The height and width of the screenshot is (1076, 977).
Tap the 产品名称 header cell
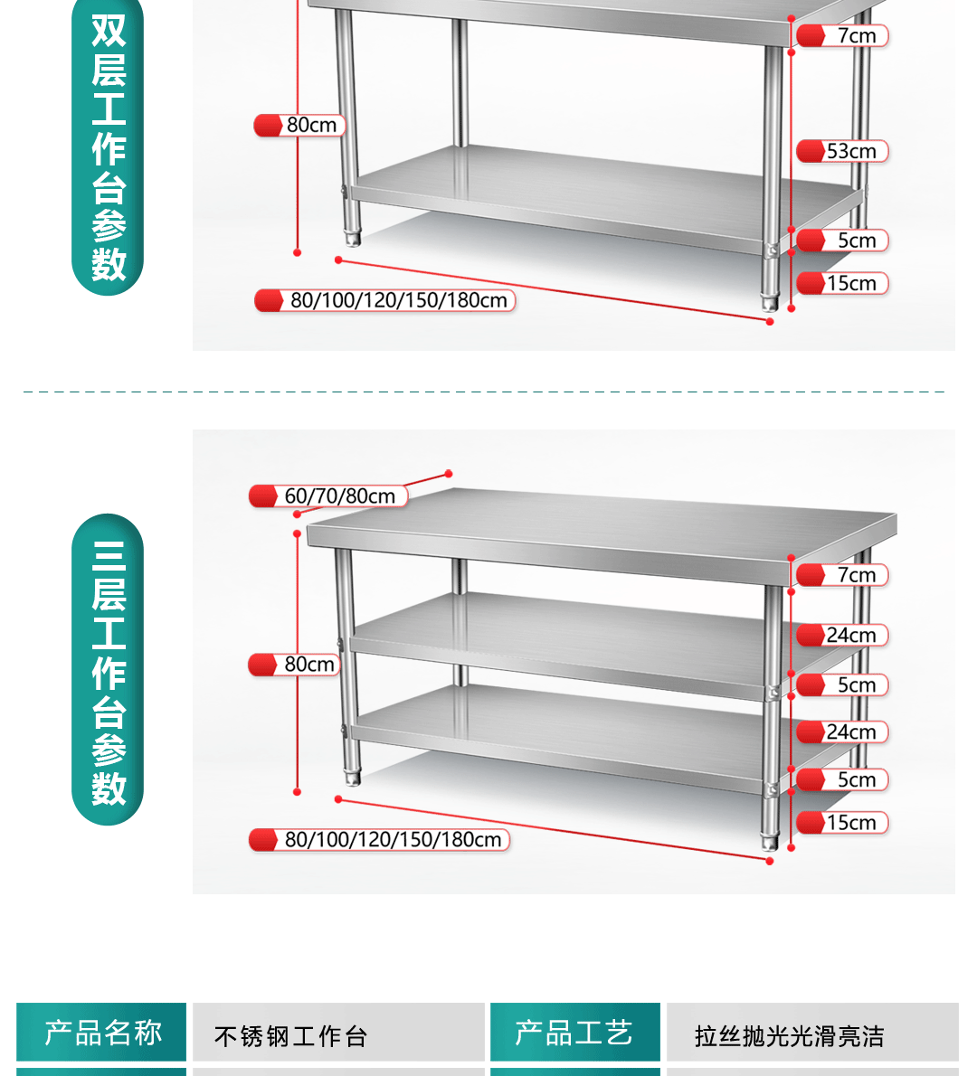click(102, 1032)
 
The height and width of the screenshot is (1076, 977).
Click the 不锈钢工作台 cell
click(291, 1035)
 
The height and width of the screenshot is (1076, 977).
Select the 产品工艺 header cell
click(574, 1032)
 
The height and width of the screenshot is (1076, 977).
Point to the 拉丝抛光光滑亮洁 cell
click(789, 1035)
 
